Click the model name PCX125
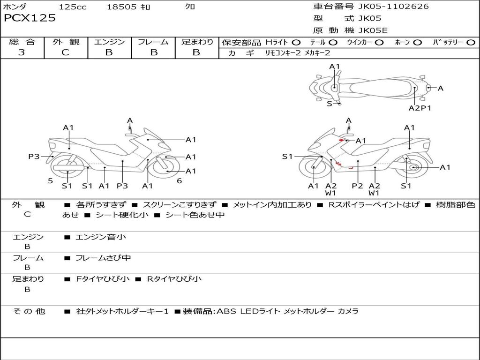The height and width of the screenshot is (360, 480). pos(30,18)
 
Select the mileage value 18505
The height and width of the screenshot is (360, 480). pos(121,7)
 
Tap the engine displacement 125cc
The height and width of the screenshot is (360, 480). pos(73,7)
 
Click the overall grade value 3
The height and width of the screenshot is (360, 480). pos(22,52)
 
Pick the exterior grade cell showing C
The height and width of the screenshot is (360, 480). pos(66,52)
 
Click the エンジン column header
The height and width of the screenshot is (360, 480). pos(109,42)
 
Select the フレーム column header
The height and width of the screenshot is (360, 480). pos(153,42)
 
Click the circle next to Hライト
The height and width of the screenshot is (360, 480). pos(296,43)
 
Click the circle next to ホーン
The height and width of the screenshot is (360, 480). pos(418,43)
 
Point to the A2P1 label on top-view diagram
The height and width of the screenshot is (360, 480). pos(420,108)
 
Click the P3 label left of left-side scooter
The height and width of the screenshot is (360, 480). pos(34,157)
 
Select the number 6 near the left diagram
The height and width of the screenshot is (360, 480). pos(179,180)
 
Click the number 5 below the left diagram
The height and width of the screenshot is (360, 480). pos(50,180)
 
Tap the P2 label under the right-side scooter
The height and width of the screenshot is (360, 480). pos(358,186)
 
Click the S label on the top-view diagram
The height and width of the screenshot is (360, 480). pos(329,104)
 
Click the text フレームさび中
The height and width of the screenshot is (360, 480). pos(103,258)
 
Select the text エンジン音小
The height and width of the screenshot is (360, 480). pos(101,237)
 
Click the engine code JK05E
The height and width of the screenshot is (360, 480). pos(373,30)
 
